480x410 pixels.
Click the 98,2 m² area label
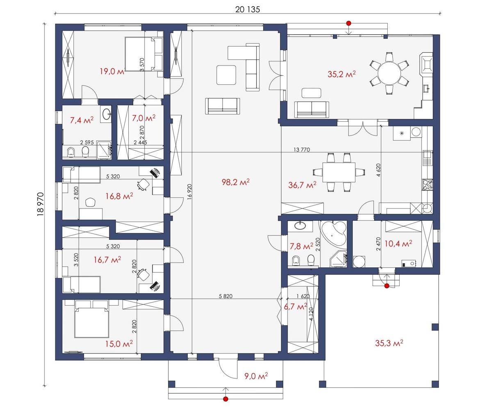coord(235,182)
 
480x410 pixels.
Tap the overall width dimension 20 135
coord(247,9)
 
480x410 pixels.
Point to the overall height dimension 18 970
coord(41,204)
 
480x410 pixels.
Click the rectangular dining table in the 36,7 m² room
coord(339,172)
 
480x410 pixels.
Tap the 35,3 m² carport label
coord(389,343)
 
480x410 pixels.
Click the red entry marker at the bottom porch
coord(225,399)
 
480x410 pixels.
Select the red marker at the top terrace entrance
coord(348,23)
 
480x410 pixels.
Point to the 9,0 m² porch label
coord(256,376)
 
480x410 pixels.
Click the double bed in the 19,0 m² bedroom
coord(143,54)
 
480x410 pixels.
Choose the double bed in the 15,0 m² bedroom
coord(92,319)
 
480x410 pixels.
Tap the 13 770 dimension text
coord(302,150)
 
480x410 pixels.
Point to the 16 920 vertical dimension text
coord(189,192)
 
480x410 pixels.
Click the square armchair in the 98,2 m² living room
coord(226,75)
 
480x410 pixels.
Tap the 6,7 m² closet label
coord(296,306)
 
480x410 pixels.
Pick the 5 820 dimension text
coord(225,296)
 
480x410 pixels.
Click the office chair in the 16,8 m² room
coord(143,184)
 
